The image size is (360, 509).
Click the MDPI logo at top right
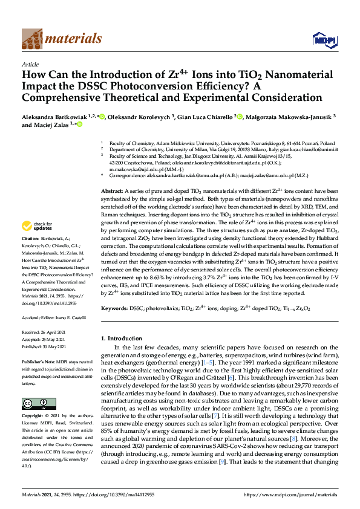[324, 40]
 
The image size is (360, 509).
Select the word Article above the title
[30, 63]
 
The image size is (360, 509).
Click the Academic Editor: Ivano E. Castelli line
[54, 317]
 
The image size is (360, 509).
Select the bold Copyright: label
[33, 400]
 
